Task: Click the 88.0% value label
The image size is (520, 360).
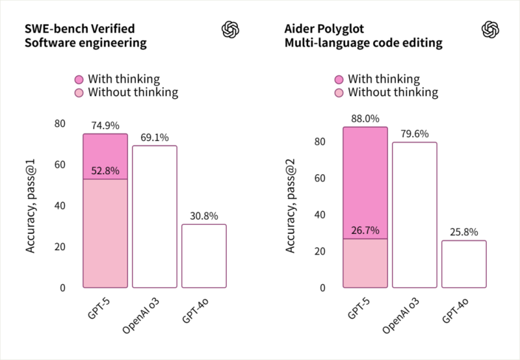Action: (x=365, y=119)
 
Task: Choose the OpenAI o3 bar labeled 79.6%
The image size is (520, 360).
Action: (x=415, y=214)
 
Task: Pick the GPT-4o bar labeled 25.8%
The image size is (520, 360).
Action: (x=464, y=264)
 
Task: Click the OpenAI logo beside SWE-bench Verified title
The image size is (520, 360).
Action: (x=231, y=29)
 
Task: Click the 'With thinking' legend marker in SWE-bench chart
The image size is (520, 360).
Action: (x=79, y=79)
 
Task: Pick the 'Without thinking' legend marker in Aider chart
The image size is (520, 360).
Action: (x=339, y=93)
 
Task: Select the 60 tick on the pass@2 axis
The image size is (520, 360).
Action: (x=319, y=178)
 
